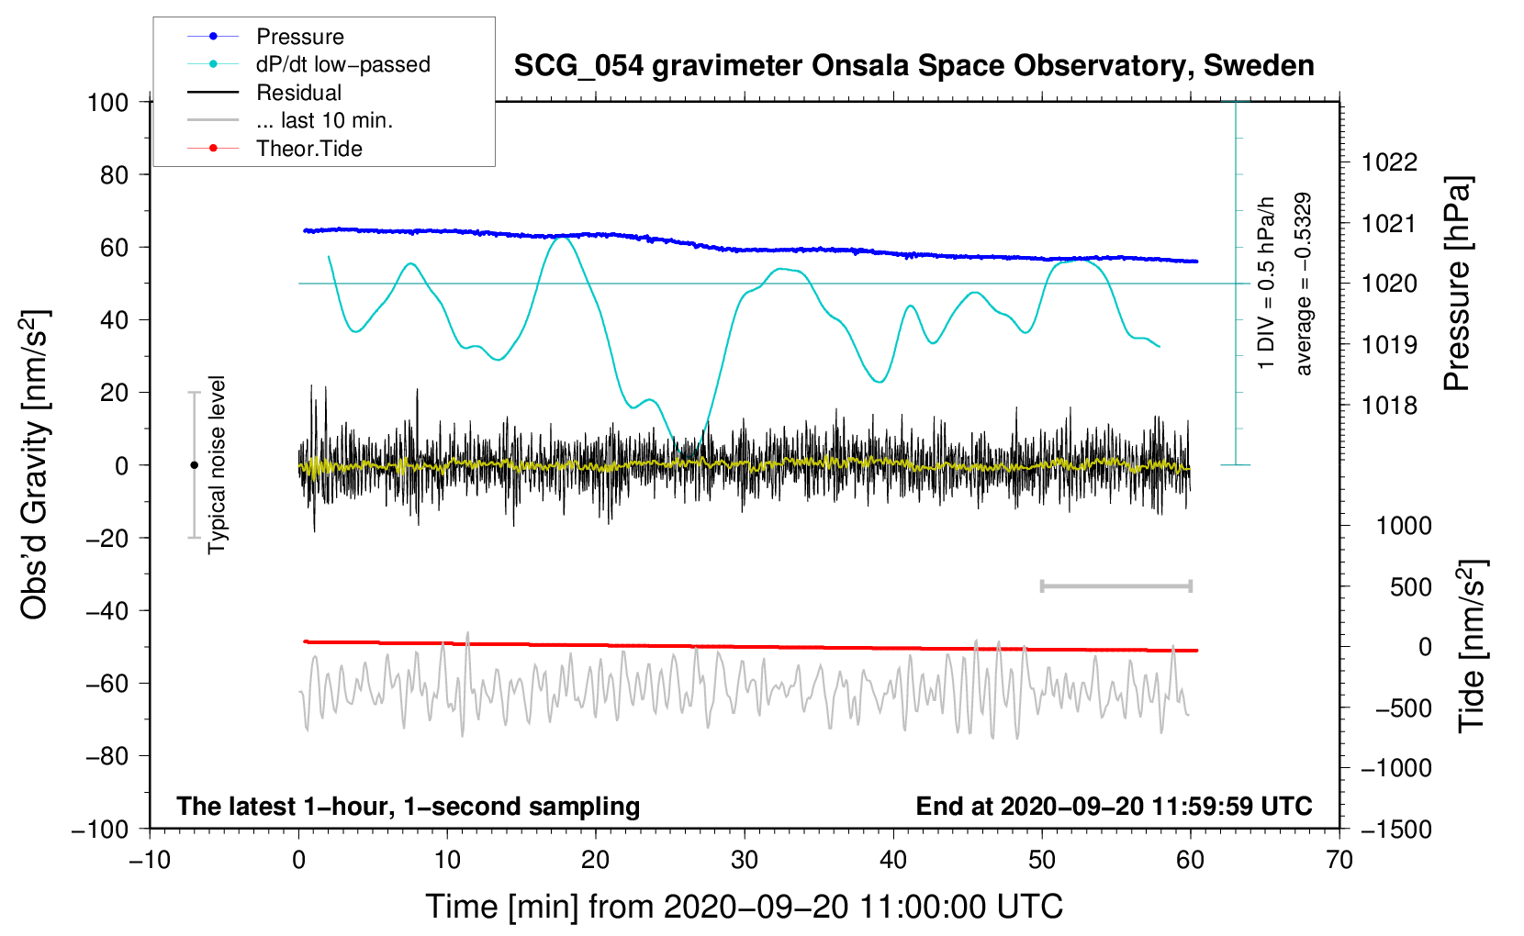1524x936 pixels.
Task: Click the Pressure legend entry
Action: (266, 36)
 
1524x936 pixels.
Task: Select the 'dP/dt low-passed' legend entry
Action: (308, 64)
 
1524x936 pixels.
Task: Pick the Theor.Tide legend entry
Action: (275, 149)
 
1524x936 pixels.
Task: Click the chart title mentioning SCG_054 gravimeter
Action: (913, 65)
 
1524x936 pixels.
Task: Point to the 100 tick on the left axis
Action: (107, 103)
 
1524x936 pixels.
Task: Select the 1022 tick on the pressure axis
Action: (1389, 162)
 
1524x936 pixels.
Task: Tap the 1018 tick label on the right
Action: (1389, 406)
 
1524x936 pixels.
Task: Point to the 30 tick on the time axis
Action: (745, 860)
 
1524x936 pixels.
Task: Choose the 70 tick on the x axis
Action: (1339, 860)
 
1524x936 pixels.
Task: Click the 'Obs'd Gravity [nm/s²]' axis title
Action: (35, 464)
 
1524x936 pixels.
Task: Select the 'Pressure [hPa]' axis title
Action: (1457, 284)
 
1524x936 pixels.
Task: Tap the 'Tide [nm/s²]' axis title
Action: (1473, 646)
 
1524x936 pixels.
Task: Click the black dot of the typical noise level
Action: (194, 465)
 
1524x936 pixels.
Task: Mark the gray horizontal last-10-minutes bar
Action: (1115, 586)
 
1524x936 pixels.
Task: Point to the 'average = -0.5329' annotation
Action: (1303, 284)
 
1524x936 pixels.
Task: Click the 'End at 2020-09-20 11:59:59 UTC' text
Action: (1114, 806)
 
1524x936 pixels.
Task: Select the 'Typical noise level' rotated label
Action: (217, 464)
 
